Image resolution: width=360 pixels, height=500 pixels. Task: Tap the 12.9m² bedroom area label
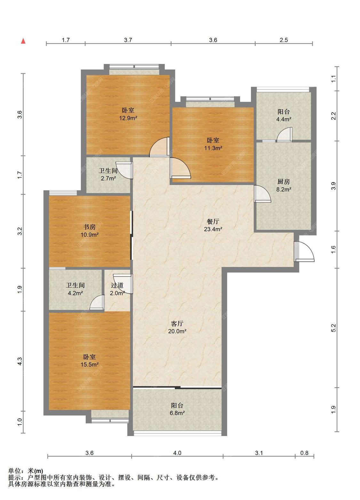click(128, 118)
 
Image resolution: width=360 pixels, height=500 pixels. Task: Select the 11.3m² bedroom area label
click(213, 148)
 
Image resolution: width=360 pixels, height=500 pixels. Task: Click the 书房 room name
click(89, 227)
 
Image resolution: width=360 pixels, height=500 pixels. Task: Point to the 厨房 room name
click(284, 182)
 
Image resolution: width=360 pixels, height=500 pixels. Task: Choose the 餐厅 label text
click(213, 221)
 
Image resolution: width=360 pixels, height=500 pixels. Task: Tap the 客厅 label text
click(177, 323)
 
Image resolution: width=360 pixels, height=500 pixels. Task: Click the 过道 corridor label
click(117, 285)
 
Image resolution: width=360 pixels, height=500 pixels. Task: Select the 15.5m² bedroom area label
click(90, 364)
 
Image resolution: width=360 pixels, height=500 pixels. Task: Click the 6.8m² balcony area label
click(177, 413)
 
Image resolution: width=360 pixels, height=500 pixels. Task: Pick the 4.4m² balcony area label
click(284, 119)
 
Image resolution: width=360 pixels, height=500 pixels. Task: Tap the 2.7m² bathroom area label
click(108, 179)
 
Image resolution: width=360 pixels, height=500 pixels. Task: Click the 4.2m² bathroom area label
click(75, 293)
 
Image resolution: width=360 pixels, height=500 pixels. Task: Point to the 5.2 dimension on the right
click(333, 328)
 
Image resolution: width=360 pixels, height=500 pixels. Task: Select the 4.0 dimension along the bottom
click(177, 453)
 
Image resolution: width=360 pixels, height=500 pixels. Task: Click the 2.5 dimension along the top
click(284, 40)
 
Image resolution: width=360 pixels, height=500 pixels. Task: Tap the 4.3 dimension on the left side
click(20, 361)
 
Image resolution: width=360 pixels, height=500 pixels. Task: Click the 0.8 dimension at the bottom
click(304, 453)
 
